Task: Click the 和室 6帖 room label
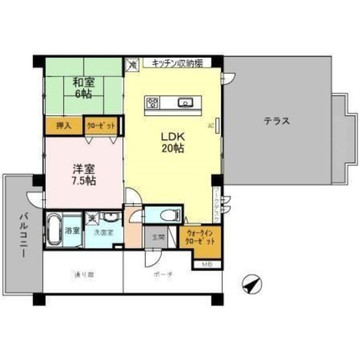point(84,87)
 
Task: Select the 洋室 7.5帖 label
point(84,175)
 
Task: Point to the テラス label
point(276,121)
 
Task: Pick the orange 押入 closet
point(63,126)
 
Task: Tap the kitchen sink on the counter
point(185,103)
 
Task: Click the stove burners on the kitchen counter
point(152,103)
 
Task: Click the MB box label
point(206,265)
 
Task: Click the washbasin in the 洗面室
point(110,217)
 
